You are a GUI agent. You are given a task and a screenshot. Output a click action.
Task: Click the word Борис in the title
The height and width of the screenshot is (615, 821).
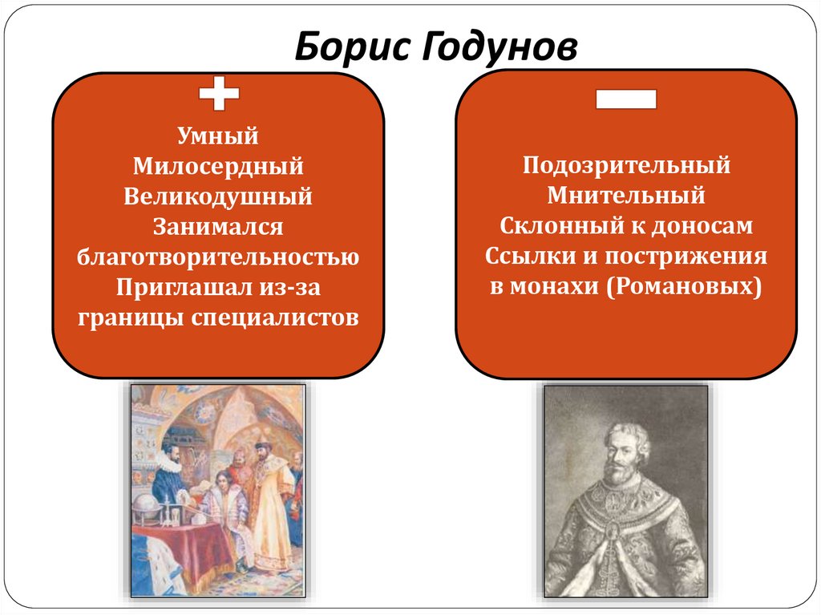pyautogui.click(x=347, y=48)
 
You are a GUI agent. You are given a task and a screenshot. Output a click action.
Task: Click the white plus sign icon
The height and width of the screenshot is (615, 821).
pyautogui.click(x=219, y=95)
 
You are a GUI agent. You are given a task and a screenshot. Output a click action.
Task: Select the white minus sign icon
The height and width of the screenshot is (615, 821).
pyautogui.click(x=626, y=99)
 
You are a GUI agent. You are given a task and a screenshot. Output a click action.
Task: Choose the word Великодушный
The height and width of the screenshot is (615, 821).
pyautogui.click(x=218, y=196)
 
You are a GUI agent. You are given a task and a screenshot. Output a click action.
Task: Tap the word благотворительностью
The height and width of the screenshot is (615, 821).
pyautogui.click(x=218, y=257)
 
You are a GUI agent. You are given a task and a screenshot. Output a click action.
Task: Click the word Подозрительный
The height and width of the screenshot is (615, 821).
pyautogui.click(x=626, y=166)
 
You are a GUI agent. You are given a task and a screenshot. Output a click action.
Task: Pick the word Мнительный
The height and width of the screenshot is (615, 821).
pyautogui.click(x=626, y=196)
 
